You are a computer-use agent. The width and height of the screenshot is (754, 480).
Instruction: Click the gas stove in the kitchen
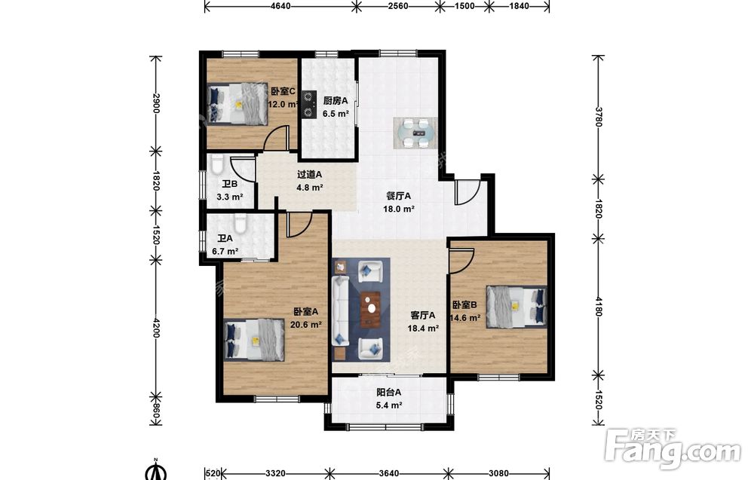[308, 104]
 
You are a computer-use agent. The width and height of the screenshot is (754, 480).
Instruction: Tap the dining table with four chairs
[416, 133]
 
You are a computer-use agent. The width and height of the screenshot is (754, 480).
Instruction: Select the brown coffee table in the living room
[370, 310]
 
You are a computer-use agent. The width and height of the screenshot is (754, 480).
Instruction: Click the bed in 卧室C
[238, 104]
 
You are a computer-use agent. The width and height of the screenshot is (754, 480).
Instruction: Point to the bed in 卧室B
[516, 307]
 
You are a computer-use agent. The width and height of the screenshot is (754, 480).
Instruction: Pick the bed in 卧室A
[254, 340]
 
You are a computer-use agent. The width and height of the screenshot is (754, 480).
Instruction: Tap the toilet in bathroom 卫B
[217, 164]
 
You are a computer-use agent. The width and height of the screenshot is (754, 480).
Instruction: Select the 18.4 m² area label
[423, 329]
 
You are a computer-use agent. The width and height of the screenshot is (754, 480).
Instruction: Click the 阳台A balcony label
[389, 392]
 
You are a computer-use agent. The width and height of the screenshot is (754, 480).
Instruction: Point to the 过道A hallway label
[310, 174]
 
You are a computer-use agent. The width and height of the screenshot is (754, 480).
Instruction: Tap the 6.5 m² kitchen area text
[336, 114]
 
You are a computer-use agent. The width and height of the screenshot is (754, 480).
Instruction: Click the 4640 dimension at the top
[280, 6]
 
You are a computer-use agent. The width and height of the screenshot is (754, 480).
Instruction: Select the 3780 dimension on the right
[598, 117]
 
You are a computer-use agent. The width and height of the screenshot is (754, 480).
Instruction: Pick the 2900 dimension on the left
[155, 103]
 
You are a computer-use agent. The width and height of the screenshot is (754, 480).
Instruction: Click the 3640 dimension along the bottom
[388, 473]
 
